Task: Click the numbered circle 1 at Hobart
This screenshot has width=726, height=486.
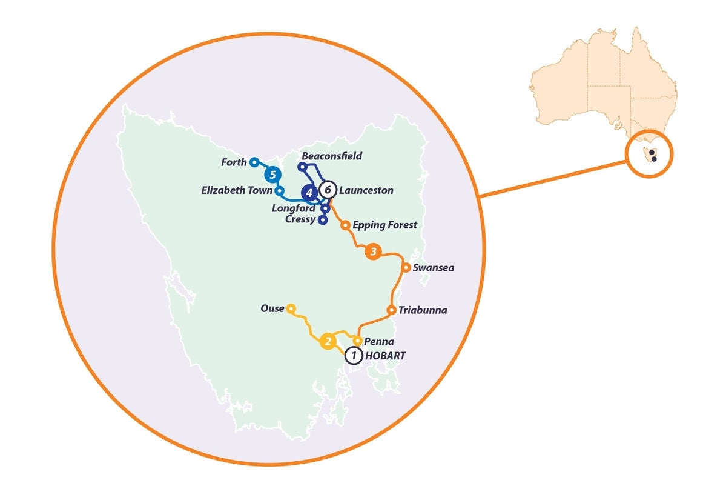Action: pyautogui.click(x=354, y=356)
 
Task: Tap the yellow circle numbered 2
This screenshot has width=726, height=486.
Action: pyautogui.click(x=328, y=342)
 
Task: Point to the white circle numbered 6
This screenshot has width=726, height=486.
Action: pyautogui.click(x=328, y=190)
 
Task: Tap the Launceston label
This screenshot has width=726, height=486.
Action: pyautogui.click(x=366, y=190)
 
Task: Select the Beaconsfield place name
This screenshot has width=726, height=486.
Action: pyautogui.click(x=332, y=156)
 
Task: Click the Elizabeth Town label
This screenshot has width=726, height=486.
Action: pyautogui.click(x=237, y=191)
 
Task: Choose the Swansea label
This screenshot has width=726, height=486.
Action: pyautogui.click(x=433, y=267)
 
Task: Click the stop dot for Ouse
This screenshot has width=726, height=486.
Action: pyautogui.click(x=291, y=308)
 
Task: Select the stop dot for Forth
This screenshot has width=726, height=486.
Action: pyautogui.click(x=254, y=162)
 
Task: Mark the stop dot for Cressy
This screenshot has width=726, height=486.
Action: pyautogui.click(x=322, y=220)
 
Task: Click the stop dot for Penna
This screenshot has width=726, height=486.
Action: pyautogui.click(x=357, y=341)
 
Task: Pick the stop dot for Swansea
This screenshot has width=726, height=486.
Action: pyautogui.click(x=406, y=267)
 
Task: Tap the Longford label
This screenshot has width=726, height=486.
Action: pyautogui.click(x=294, y=208)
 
